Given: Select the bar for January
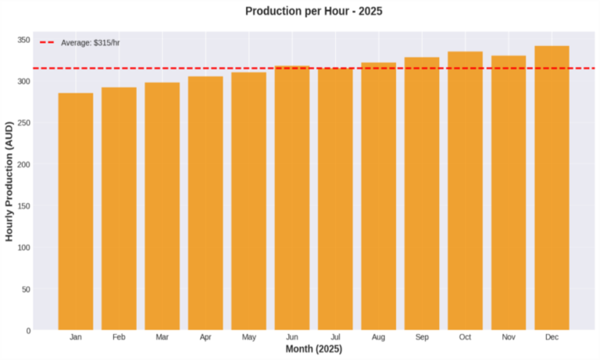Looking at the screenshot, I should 76,211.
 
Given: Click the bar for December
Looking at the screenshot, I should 552,187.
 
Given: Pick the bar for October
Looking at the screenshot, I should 465,191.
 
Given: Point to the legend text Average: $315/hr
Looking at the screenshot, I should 91,42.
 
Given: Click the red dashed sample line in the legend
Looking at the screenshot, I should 47,42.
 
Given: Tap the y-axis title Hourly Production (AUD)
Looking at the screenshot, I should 10,180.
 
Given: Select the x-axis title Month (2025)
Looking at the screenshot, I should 313,349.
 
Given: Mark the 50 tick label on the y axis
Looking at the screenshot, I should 26,289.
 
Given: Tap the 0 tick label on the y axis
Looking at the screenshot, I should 28,330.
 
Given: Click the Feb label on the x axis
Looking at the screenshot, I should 119,337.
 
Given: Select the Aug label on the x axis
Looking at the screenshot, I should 378,337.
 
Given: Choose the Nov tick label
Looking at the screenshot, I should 508,337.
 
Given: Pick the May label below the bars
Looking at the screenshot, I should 248,337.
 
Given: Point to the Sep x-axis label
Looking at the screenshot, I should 422,337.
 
